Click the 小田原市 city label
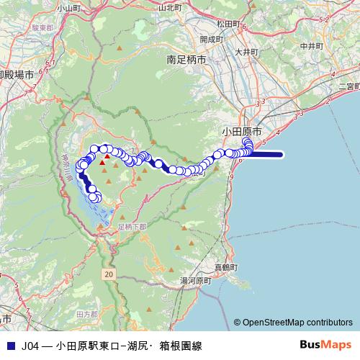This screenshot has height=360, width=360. [x=243, y=132]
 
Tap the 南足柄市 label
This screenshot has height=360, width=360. [x=186, y=61]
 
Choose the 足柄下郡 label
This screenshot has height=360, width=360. [x=131, y=225]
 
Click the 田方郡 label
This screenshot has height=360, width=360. [x=86, y=315]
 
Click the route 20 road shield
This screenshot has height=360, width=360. [x=108, y=275]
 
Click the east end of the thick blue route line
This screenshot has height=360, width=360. [x=284, y=153]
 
